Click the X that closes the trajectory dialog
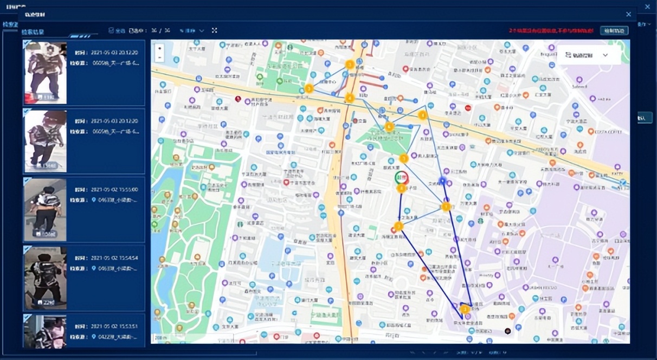coord(628,15)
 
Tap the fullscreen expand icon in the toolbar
coord(214,30)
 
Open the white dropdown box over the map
coord(588,55)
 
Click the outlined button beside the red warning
coord(614,30)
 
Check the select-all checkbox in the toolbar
coord(111,30)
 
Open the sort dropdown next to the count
coord(192,30)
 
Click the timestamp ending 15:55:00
coord(114,190)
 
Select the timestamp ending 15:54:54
coord(114,258)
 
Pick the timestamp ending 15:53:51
coord(114,326)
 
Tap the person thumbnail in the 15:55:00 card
coord(45,209)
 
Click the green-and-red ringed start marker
coord(402,178)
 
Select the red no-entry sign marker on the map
coord(467,107)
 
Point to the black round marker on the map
coord(507,330)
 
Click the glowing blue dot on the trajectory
coord(442,181)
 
